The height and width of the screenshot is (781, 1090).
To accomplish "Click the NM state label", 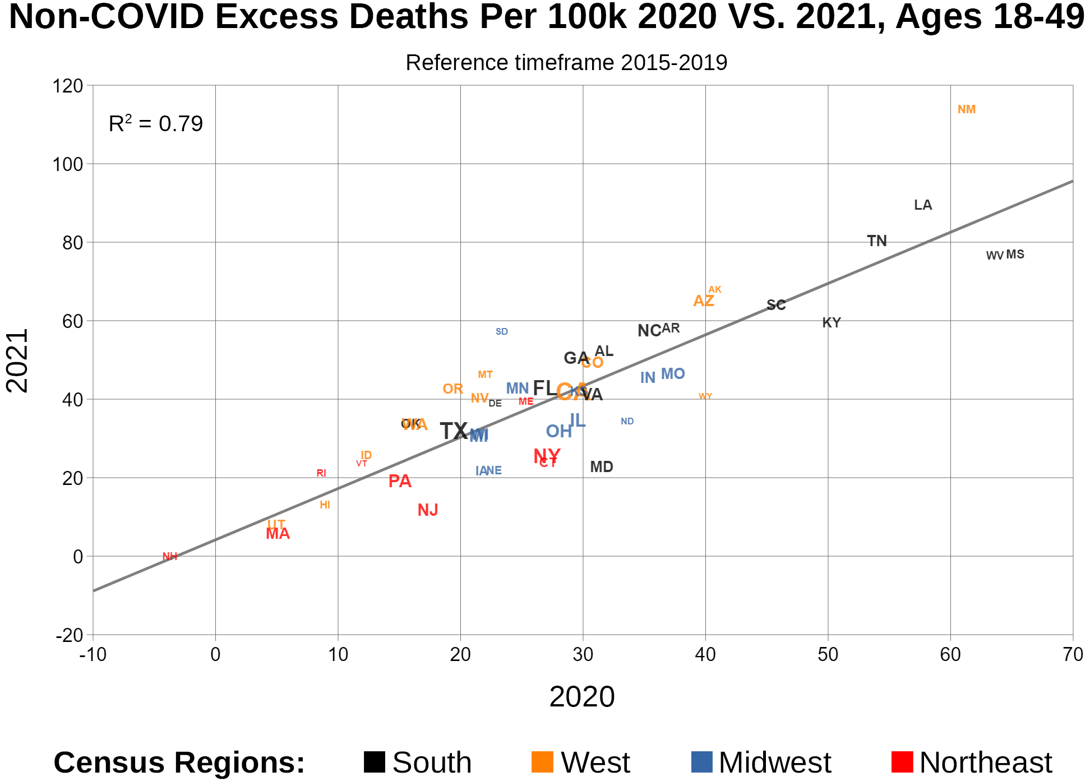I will (x=966, y=110).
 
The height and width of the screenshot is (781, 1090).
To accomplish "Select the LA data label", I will (x=922, y=205).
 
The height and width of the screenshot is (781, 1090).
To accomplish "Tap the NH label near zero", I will (x=170, y=557).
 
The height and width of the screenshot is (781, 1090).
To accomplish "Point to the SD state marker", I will (x=501, y=332).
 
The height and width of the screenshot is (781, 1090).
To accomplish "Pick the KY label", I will (x=831, y=323).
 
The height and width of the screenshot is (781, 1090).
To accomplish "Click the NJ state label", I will (x=428, y=510).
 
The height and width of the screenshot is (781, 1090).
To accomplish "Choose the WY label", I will (x=705, y=396).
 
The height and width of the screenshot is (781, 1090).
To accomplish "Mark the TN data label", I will (x=876, y=241).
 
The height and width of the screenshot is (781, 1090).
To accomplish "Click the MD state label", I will (x=601, y=467).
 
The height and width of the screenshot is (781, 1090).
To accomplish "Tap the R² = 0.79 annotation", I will (x=155, y=124).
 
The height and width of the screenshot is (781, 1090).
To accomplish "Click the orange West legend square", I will (x=542, y=762).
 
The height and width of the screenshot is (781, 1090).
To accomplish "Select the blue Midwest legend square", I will (x=701, y=762).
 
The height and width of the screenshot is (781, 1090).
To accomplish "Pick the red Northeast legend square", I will (x=902, y=762).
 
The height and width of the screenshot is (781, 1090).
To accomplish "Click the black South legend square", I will (x=374, y=762).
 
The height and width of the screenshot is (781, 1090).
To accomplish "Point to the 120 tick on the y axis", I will (x=67, y=86).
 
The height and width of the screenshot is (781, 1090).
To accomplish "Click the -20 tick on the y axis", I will (x=70, y=635).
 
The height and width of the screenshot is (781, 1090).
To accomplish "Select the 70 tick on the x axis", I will (x=1073, y=654).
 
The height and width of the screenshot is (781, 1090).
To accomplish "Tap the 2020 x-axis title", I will (x=582, y=697).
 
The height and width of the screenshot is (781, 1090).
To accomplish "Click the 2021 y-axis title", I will (x=17, y=361).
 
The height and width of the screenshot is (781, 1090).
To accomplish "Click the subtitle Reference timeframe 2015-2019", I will (x=566, y=63).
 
